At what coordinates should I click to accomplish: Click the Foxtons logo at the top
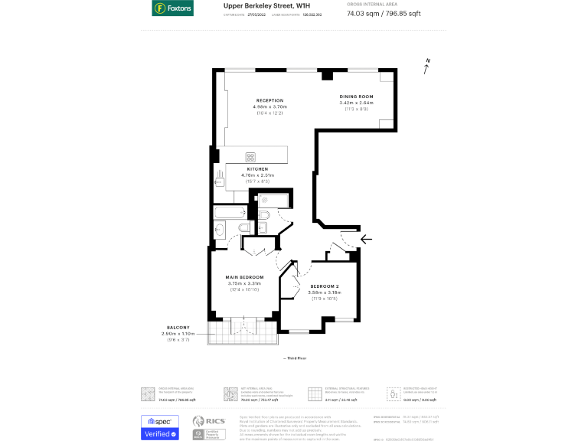pos(172,9)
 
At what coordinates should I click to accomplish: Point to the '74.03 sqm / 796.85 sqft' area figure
pos(394,13)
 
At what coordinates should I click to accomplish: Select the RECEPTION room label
pos(269,100)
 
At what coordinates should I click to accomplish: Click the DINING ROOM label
pos(356,96)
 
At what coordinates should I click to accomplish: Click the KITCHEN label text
pos(257,168)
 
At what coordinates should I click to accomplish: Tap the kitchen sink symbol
pos(220,181)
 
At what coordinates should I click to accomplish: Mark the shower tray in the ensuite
pos(273,201)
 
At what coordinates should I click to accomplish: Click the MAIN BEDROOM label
pos(244,276)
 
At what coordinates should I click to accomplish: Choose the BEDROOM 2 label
pos(324,286)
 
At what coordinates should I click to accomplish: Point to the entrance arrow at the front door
pos(366,239)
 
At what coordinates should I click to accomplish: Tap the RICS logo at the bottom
pos(207,423)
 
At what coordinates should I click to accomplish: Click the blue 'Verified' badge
pos(160,434)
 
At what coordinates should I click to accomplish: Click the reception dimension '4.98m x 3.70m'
pos(269,106)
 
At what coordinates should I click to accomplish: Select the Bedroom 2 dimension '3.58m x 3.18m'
pos(324,292)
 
